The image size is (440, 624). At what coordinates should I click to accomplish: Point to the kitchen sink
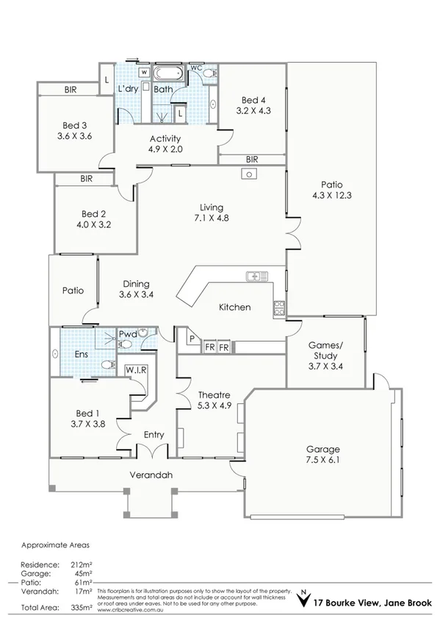(257, 276)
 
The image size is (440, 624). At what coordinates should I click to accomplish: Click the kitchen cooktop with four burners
(279, 309)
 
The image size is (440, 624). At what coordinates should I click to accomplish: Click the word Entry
(154, 435)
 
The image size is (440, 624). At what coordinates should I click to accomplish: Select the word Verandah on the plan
(151, 475)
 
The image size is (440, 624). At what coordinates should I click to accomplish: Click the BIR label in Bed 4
(252, 159)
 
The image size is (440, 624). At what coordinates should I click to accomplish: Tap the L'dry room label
(129, 89)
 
